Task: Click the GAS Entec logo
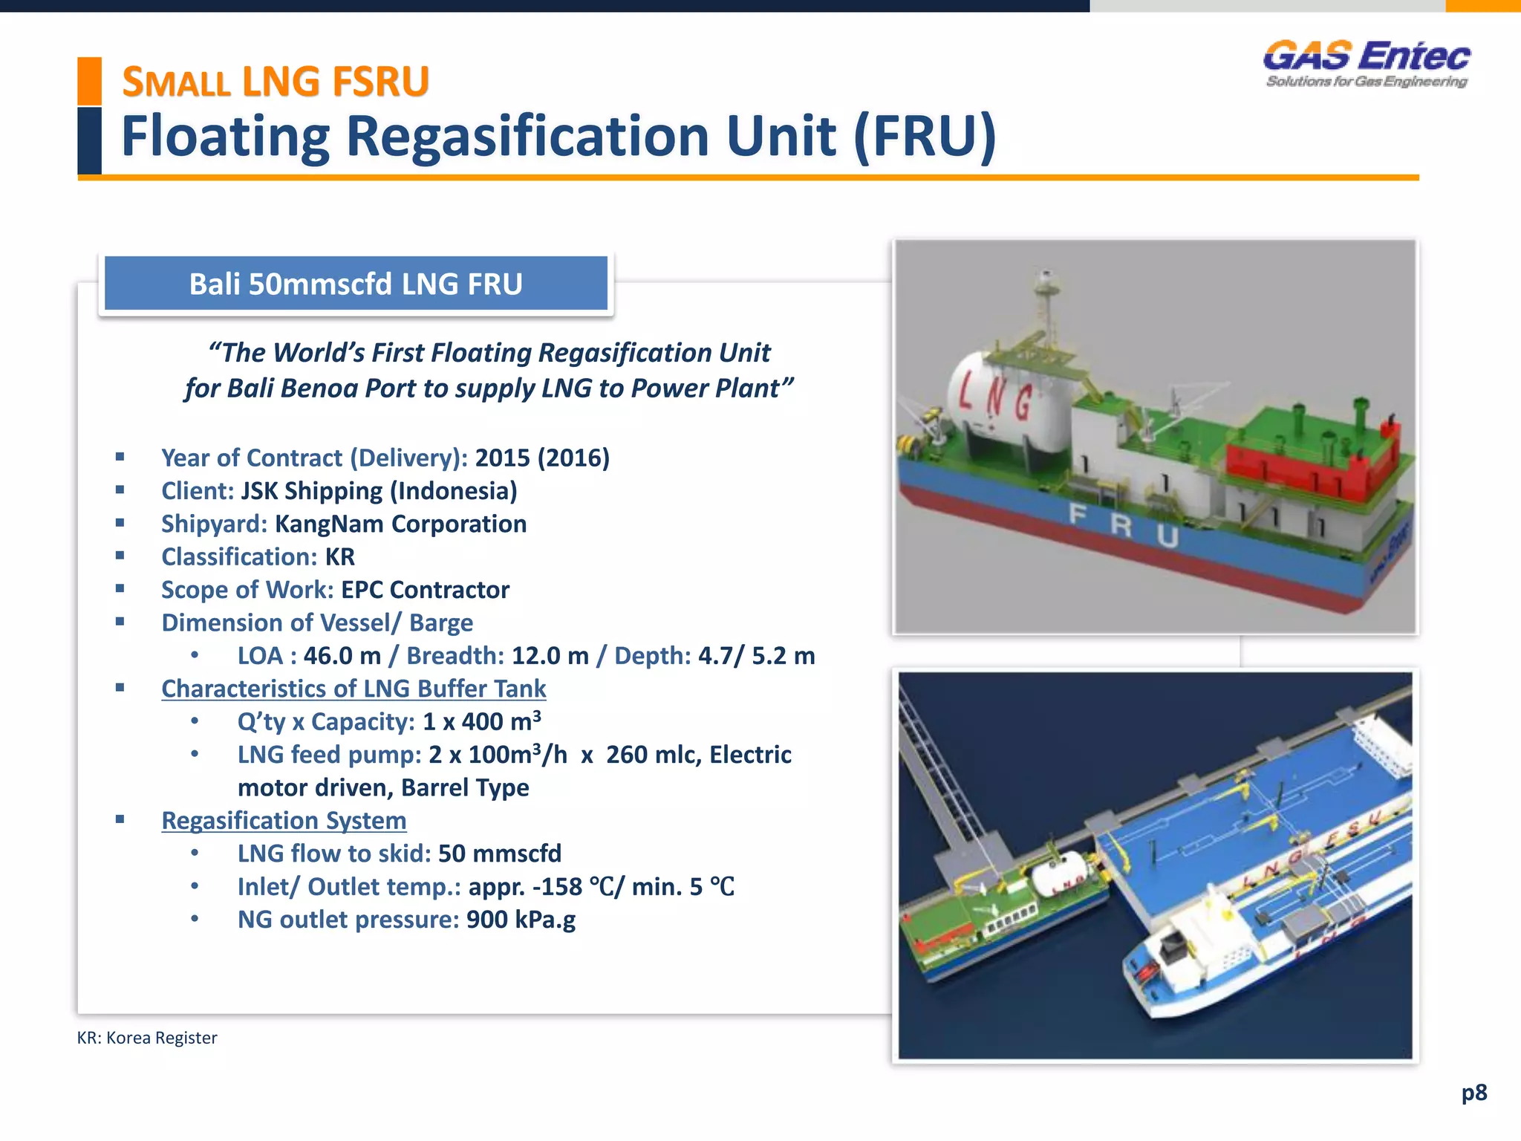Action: coord(1367,64)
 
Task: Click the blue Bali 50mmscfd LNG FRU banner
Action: coord(356,284)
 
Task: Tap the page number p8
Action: coord(1473,1093)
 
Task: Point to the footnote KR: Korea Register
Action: coord(147,1038)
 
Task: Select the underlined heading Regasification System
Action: coord(284,821)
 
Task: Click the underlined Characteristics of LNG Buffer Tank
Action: coord(354,689)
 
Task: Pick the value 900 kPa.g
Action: coord(521,920)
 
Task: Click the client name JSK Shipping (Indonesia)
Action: coord(379,491)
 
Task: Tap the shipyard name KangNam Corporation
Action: coord(400,524)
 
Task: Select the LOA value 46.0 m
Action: coord(342,656)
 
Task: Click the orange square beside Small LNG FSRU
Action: coord(89,80)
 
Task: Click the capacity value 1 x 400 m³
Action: coord(481,722)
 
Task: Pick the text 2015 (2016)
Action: coord(542,458)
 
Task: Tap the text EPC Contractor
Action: coord(425,590)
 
